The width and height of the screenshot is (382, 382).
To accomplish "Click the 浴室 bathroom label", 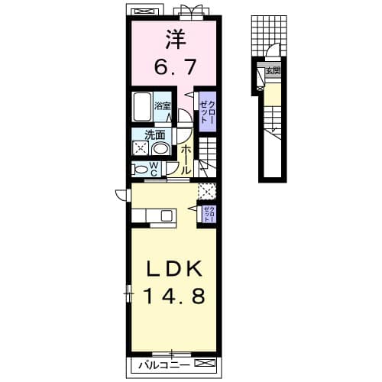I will tap(163, 107).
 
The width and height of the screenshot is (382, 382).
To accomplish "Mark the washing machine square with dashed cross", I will tap(141, 148).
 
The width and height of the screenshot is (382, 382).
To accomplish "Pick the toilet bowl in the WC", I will tap(141, 169).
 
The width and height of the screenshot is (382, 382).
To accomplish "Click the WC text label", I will tap(153, 168).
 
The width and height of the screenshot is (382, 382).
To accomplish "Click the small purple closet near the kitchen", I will tap(208, 214).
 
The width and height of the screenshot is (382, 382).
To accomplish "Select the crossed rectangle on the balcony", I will tap(202, 364).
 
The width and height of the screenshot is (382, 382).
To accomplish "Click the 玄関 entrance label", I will tap(273, 71).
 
